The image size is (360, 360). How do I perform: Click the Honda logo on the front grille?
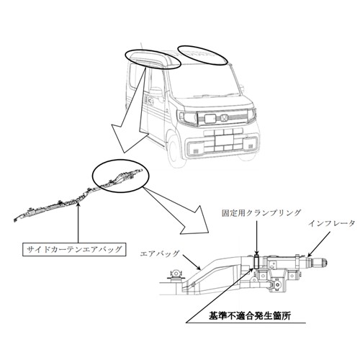coord(224,117)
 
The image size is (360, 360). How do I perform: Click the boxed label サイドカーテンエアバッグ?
coord(74,250)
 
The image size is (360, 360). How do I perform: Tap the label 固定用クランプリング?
coord(261,213)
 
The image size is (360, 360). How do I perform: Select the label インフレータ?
coord(332,224)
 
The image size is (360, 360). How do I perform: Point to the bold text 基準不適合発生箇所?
coord(250,315)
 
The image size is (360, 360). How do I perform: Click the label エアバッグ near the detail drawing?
coord(160,253)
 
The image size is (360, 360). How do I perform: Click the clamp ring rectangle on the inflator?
coord(256,262)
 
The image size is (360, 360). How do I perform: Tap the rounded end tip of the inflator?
coord(325,262)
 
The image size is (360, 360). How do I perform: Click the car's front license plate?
coord(225,140)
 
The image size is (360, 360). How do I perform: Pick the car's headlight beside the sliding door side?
coord(187,117)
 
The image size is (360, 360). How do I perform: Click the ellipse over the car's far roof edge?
coord(202,55)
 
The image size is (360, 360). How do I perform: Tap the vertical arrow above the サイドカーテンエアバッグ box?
coord(78,223)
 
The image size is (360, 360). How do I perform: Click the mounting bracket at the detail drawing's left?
coord(176,276)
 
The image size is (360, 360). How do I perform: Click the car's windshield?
coord(204,81)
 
